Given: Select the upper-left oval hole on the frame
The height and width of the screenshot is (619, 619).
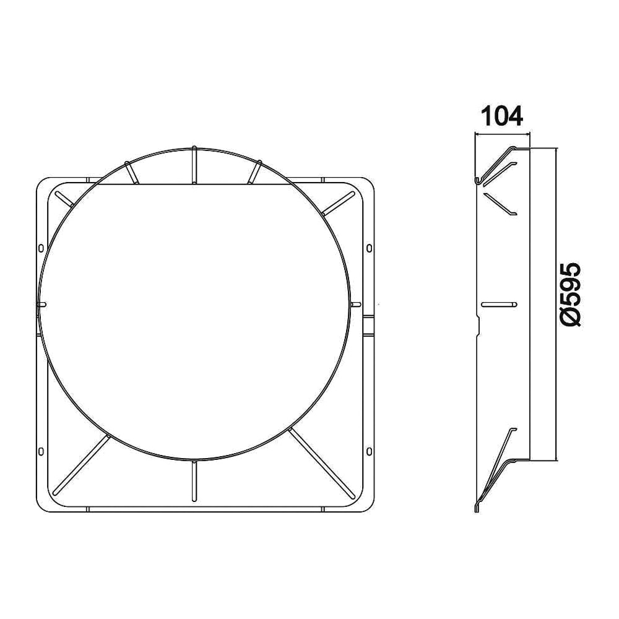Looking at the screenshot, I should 41,248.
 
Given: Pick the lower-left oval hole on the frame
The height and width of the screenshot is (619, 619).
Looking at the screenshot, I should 41,451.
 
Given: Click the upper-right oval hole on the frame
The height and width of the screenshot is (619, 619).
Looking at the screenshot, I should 369,248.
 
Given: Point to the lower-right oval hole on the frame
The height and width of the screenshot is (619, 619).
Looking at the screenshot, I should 369,451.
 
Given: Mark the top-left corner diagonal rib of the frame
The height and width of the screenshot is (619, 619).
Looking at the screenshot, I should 64,199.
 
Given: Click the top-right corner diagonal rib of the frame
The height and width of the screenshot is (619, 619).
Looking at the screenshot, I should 337,202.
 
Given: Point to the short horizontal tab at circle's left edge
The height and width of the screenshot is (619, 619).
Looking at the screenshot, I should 42,304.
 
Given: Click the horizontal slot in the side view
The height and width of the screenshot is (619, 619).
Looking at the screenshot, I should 498,304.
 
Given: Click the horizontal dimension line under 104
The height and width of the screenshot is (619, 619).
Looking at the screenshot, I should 502,134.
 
